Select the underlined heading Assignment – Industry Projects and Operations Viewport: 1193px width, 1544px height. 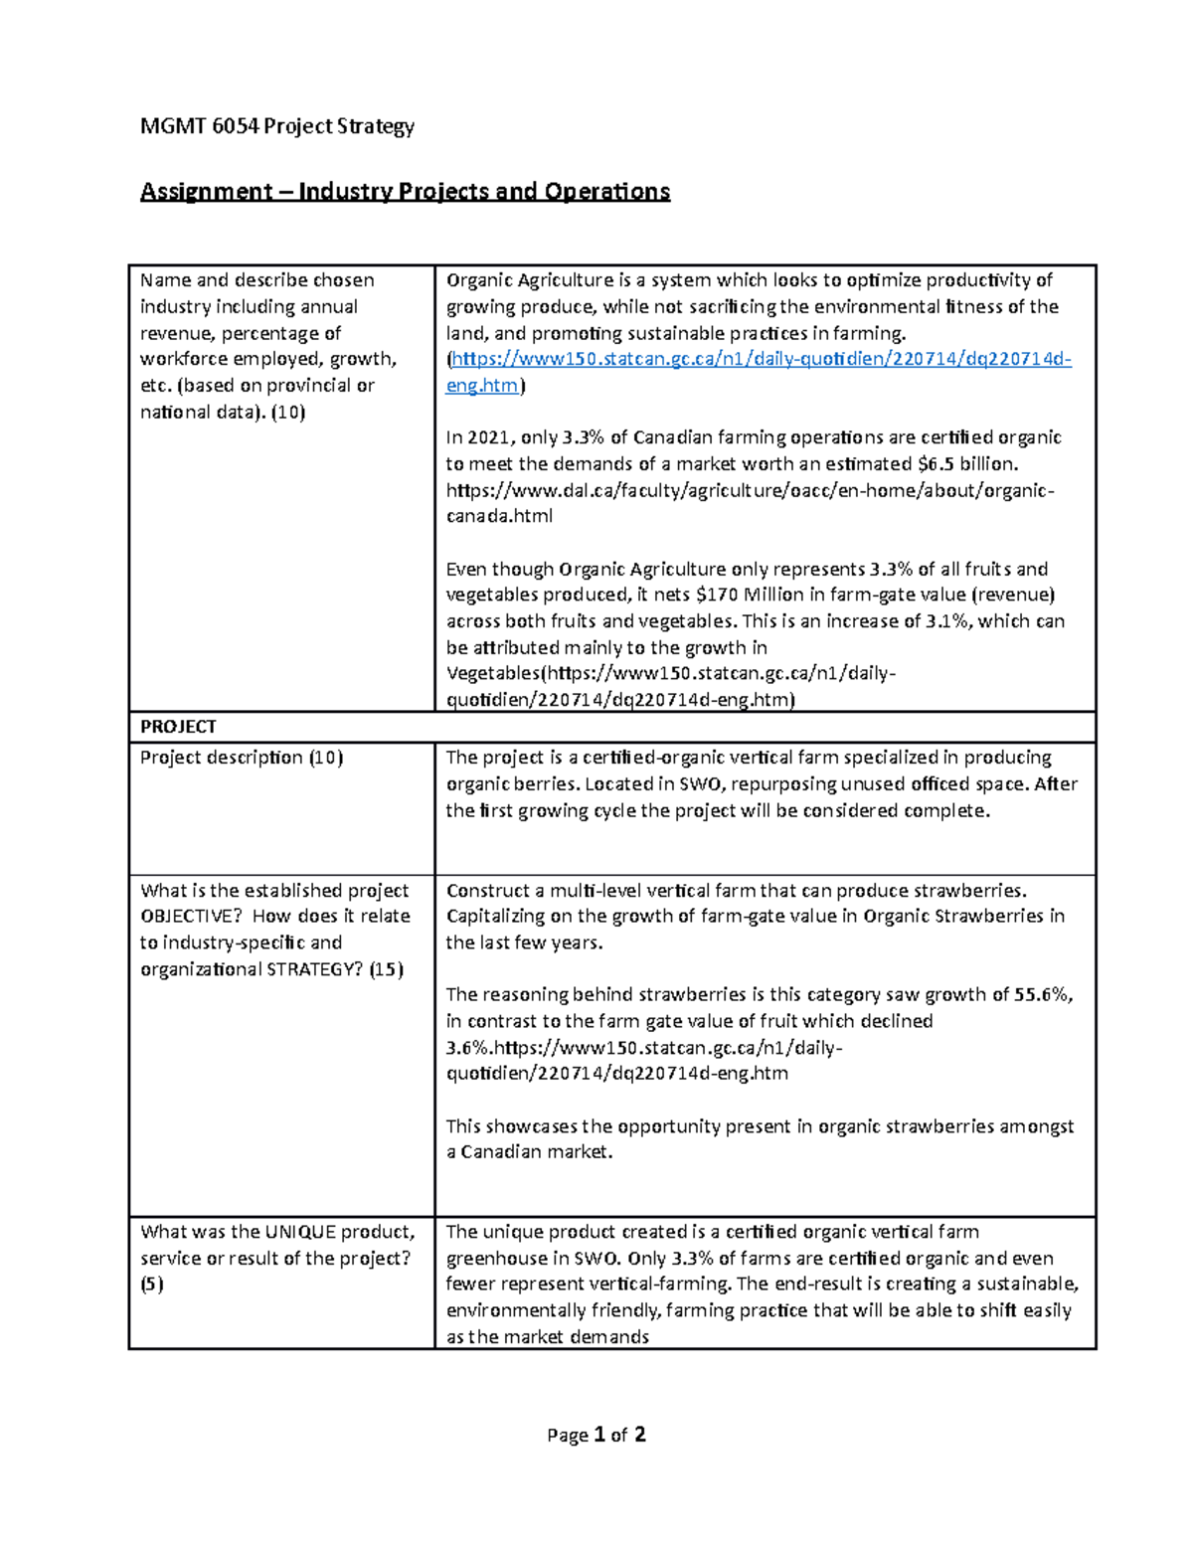click(405, 191)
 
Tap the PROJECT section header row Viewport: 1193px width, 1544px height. click(178, 727)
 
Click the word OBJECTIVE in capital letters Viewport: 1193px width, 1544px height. click(192, 917)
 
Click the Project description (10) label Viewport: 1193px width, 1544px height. click(242, 758)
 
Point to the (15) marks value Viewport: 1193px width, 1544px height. click(386, 969)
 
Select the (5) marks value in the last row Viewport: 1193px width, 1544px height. click(152, 1285)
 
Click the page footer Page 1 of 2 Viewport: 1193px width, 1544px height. click(596, 1435)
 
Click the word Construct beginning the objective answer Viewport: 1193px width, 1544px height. click(487, 891)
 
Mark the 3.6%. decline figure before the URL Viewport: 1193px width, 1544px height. click(468, 1048)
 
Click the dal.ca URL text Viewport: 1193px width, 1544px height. click(750, 490)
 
